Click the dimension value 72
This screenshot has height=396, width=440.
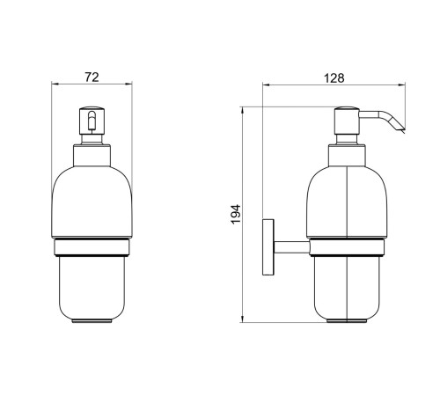click(92, 77)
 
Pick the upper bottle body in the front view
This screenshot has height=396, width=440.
click(92, 202)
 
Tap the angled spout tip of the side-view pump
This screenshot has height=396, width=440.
click(400, 128)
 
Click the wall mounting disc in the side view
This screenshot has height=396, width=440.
click(267, 247)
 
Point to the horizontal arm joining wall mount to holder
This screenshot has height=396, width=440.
click(289, 247)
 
